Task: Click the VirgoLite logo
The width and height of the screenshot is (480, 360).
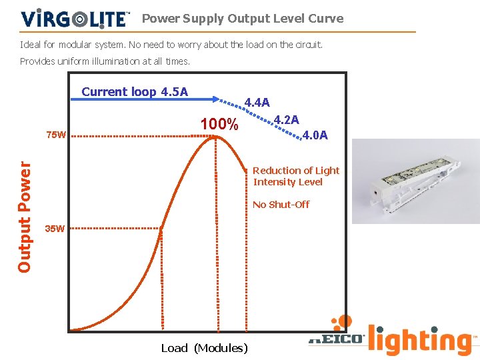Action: tap(75, 18)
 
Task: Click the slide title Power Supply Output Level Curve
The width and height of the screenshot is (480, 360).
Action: tap(243, 19)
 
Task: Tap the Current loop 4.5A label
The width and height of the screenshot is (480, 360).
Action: tap(135, 92)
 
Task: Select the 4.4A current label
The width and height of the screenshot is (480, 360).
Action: tap(257, 103)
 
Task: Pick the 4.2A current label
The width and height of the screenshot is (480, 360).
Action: tap(287, 120)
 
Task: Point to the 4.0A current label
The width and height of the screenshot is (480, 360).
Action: tap(315, 135)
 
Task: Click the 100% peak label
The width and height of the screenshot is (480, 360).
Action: tap(219, 125)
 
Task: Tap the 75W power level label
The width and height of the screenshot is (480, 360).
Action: tap(56, 135)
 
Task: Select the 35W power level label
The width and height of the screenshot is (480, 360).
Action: tap(55, 229)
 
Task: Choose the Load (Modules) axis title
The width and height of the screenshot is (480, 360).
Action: tap(205, 348)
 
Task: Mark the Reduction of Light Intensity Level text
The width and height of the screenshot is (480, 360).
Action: tap(296, 176)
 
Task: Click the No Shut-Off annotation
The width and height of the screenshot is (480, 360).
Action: tap(281, 205)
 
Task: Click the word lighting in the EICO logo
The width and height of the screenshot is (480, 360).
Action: tap(421, 341)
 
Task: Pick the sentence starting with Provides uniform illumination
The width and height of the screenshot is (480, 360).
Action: tap(105, 61)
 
